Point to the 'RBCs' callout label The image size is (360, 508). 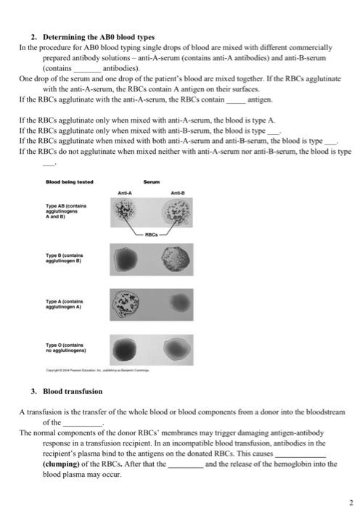coord(150,234)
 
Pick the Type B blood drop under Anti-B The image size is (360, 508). coord(178,259)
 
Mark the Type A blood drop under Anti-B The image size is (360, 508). coord(178,300)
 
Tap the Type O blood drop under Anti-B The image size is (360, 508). coord(178,348)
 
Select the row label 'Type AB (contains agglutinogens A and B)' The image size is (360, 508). coord(65,211)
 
